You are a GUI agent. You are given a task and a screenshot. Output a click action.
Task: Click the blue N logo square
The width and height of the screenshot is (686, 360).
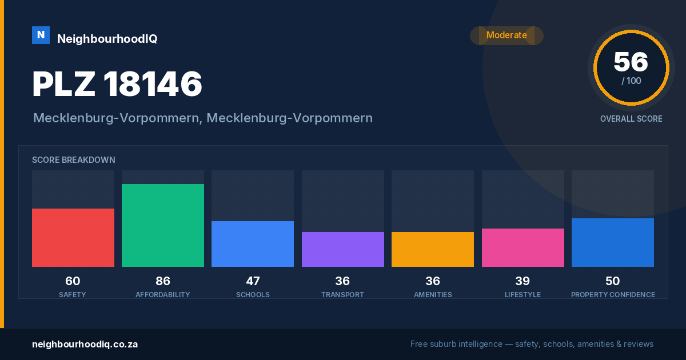41,35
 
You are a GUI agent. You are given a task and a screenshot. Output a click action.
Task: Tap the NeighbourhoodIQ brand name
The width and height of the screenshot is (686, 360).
107,39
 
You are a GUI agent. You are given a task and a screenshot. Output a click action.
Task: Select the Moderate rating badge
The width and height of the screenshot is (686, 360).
506,35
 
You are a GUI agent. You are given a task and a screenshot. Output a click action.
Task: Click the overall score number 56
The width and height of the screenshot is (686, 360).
631,62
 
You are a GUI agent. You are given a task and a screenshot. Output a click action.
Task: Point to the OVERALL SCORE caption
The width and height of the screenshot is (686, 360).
631,119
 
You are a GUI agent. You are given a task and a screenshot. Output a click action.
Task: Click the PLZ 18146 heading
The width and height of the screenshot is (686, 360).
117,84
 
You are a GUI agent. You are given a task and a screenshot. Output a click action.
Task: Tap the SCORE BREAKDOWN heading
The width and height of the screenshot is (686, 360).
74,160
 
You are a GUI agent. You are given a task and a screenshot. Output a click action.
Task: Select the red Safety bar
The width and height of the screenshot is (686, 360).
73,238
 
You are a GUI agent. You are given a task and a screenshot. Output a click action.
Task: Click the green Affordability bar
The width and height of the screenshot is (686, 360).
163,225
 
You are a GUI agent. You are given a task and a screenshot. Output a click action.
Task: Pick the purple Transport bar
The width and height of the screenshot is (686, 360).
342,249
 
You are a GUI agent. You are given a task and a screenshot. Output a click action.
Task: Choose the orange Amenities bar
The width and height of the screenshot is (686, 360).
433,249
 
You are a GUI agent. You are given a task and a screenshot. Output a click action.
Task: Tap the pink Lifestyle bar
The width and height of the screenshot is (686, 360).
523,247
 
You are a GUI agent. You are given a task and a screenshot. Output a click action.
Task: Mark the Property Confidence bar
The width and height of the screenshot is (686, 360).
613,242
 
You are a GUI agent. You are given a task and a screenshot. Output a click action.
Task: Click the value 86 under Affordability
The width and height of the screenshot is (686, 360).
163,281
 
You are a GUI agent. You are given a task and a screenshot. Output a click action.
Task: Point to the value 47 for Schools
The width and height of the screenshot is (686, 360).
253,281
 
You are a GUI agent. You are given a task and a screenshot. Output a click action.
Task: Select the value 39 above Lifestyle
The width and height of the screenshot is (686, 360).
523,281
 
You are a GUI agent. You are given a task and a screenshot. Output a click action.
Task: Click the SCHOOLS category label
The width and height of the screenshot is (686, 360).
253,294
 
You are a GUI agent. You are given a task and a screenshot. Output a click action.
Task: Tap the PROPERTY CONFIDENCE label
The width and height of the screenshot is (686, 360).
613,294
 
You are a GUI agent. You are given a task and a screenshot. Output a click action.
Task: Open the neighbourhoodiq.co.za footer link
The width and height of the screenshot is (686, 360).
85,345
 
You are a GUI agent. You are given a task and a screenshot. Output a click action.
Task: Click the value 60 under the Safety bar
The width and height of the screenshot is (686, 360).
73,281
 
